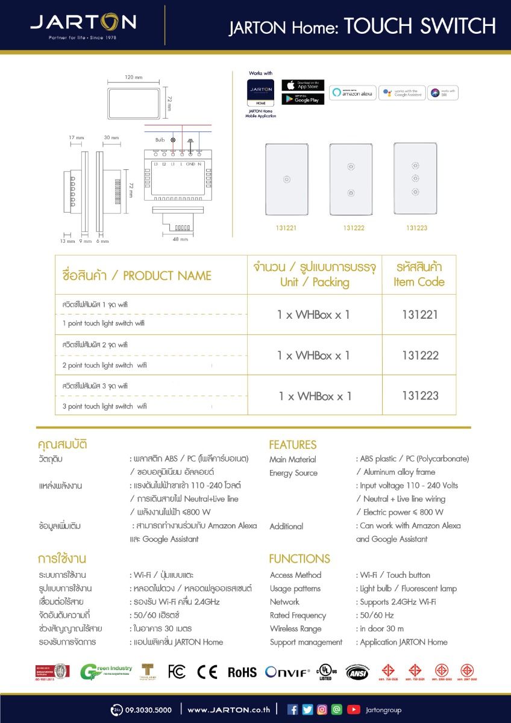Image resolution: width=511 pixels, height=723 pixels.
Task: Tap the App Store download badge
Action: [303, 86]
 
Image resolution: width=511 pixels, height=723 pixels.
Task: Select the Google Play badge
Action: [303, 99]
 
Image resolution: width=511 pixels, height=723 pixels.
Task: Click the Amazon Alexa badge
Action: [353, 93]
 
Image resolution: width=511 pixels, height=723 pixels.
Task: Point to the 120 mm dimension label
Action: [133, 78]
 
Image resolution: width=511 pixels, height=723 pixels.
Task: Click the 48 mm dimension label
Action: [180, 239]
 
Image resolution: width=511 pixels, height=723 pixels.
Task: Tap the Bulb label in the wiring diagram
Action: [160, 140]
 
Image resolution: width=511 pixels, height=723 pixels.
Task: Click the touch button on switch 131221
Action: [287, 179]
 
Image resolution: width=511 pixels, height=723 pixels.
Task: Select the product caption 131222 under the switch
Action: [353, 228]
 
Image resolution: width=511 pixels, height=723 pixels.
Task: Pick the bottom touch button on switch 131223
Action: [415, 192]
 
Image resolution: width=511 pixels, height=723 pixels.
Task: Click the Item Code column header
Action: [419, 275]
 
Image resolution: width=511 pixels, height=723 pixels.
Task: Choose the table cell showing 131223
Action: [420, 396]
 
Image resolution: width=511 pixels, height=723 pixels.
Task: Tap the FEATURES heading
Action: [292, 445]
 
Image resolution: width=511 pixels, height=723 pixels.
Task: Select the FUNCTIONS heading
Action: [299, 559]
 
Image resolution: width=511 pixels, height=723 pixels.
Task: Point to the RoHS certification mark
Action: [242, 672]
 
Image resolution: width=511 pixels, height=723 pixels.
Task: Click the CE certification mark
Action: [207, 672]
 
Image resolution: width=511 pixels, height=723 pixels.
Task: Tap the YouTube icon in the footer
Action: [354, 710]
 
